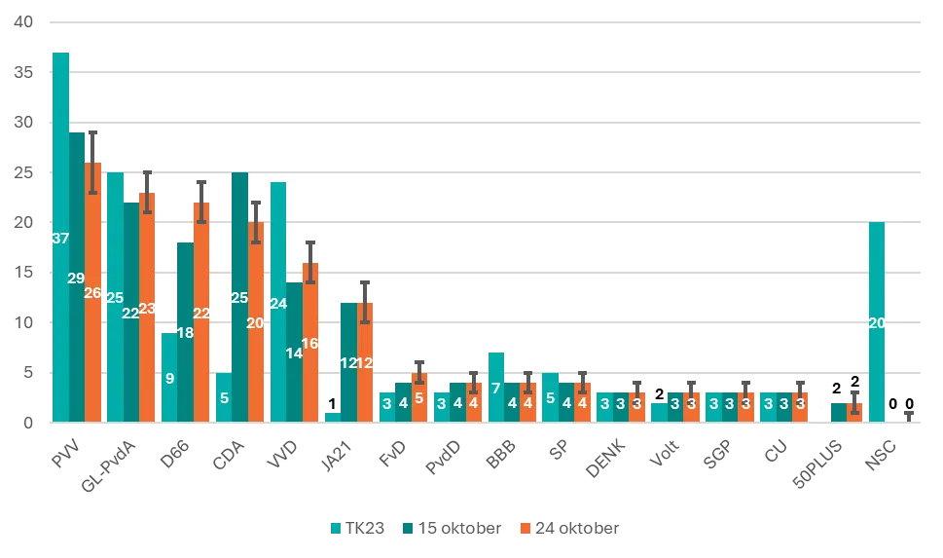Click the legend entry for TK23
(359, 528)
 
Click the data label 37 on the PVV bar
(60, 239)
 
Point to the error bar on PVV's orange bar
(91, 163)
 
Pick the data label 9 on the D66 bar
(169, 378)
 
